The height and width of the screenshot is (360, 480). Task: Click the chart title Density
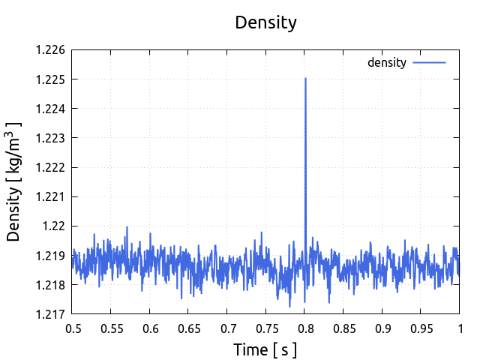click(x=265, y=22)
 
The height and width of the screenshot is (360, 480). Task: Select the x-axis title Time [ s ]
click(x=265, y=349)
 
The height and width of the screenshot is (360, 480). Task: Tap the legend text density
click(x=386, y=62)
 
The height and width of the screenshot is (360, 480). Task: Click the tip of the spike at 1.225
click(x=305, y=78)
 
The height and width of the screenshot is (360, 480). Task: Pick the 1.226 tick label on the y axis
click(x=51, y=50)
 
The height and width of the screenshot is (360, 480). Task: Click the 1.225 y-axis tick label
click(x=51, y=79)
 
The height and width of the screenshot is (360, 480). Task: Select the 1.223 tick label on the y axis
click(x=51, y=138)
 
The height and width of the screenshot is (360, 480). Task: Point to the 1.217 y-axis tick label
click(x=51, y=313)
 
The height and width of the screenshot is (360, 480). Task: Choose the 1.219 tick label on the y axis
click(x=51, y=255)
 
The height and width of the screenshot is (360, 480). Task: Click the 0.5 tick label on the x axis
click(x=73, y=328)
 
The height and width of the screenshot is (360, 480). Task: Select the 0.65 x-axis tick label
click(x=189, y=328)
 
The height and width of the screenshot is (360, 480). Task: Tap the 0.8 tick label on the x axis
click(x=305, y=328)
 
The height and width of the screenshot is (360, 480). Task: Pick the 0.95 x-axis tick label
click(x=421, y=328)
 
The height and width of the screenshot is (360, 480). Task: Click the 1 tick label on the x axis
click(x=460, y=328)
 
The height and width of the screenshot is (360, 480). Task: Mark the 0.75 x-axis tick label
click(x=266, y=328)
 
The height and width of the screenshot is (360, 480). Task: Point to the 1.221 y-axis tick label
click(x=51, y=196)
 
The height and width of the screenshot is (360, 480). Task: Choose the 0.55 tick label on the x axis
click(x=112, y=328)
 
